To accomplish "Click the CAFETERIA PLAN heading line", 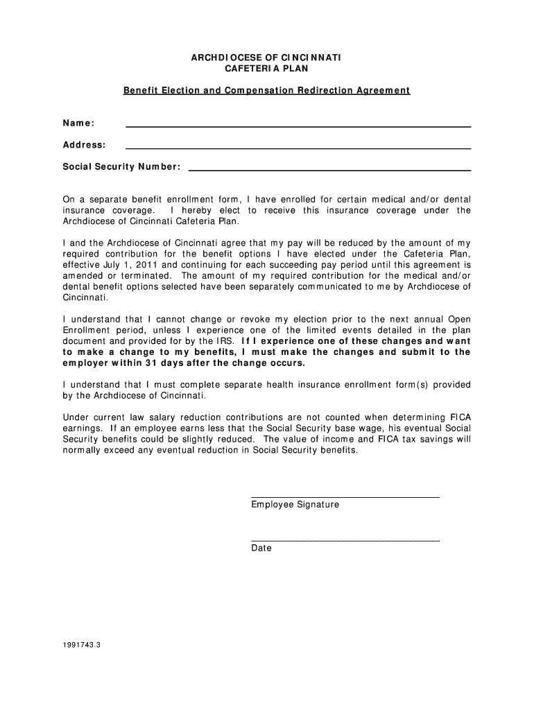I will click(x=266, y=69).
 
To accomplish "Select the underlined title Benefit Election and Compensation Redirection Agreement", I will click(x=266, y=91).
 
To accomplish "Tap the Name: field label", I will click(x=78, y=123).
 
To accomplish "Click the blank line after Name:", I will click(x=298, y=126).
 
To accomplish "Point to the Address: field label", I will click(x=84, y=145).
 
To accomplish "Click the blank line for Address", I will click(x=298, y=148).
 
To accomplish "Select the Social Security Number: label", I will click(x=121, y=167).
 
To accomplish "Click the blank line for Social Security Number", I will click(x=329, y=170).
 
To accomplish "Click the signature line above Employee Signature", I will click(x=345, y=497).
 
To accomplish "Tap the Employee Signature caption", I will click(x=295, y=505).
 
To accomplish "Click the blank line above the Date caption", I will click(x=345, y=540).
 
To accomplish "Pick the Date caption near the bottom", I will click(x=261, y=548).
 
